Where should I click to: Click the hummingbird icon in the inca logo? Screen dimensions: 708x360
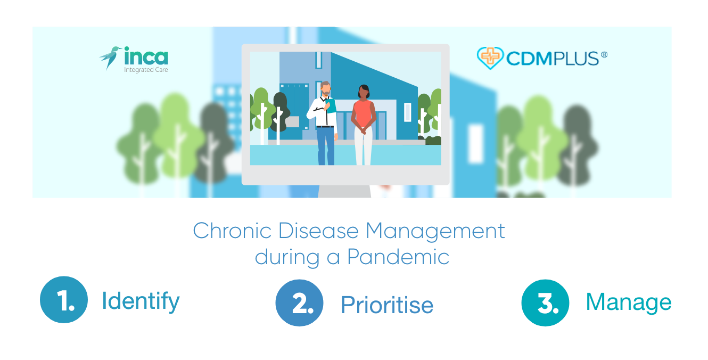pyautogui.click(x=110, y=57)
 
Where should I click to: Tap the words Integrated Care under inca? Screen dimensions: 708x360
pyautogui.click(x=146, y=70)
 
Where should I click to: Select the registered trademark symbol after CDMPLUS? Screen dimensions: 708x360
pyautogui.click(x=604, y=55)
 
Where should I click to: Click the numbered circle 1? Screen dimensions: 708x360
pyautogui.click(x=64, y=300)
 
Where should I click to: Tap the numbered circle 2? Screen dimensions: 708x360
pyautogui.click(x=299, y=303)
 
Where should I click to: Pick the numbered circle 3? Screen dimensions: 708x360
pyautogui.click(x=545, y=303)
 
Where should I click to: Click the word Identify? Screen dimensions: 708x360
pyautogui.click(x=141, y=301)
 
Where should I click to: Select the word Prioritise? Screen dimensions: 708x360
pyautogui.click(x=387, y=305)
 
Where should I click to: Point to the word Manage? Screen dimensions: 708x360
pyautogui.click(x=629, y=303)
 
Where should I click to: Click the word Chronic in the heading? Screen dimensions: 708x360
pyautogui.click(x=232, y=231)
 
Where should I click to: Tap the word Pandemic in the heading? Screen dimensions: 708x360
pyautogui.click(x=398, y=257)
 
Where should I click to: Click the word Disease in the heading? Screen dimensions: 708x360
pyautogui.click(x=318, y=231)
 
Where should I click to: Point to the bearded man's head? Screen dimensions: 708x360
pyautogui.click(x=326, y=89)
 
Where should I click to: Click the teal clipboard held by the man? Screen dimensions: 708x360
pyautogui.click(x=331, y=105)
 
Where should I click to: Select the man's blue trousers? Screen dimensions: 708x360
pyautogui.click(x=326, y=146)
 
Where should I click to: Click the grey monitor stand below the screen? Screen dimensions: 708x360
pyautogui.click(x=344, y=191)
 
